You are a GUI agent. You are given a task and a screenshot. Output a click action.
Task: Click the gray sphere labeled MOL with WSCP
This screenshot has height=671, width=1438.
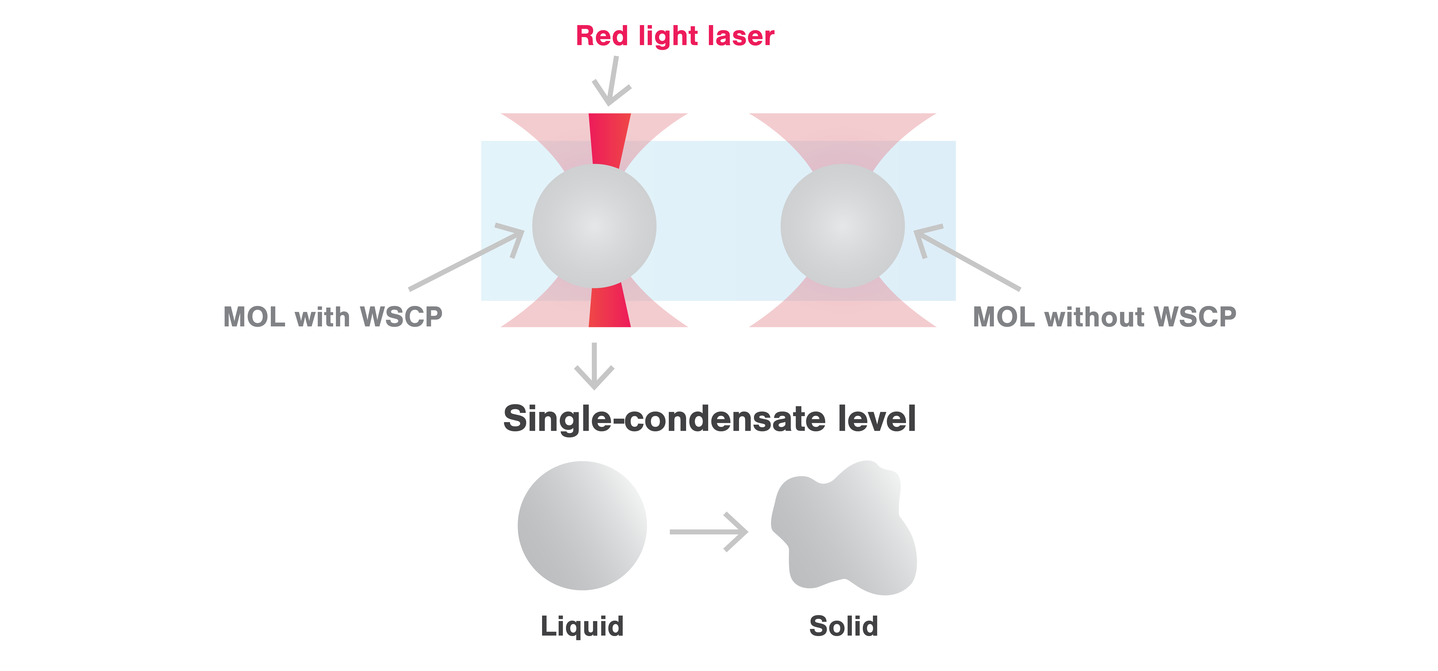tap(594, 226)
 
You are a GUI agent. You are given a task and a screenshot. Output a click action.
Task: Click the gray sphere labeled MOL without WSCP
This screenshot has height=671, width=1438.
tap(842, 226)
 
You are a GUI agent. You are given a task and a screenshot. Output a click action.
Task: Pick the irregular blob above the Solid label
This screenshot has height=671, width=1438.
tap(843, 530)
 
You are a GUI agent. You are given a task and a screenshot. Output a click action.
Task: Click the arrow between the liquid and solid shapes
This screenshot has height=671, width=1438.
tap(709, 531)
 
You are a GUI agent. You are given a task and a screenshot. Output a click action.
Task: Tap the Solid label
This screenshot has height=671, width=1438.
tap(843, 626)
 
